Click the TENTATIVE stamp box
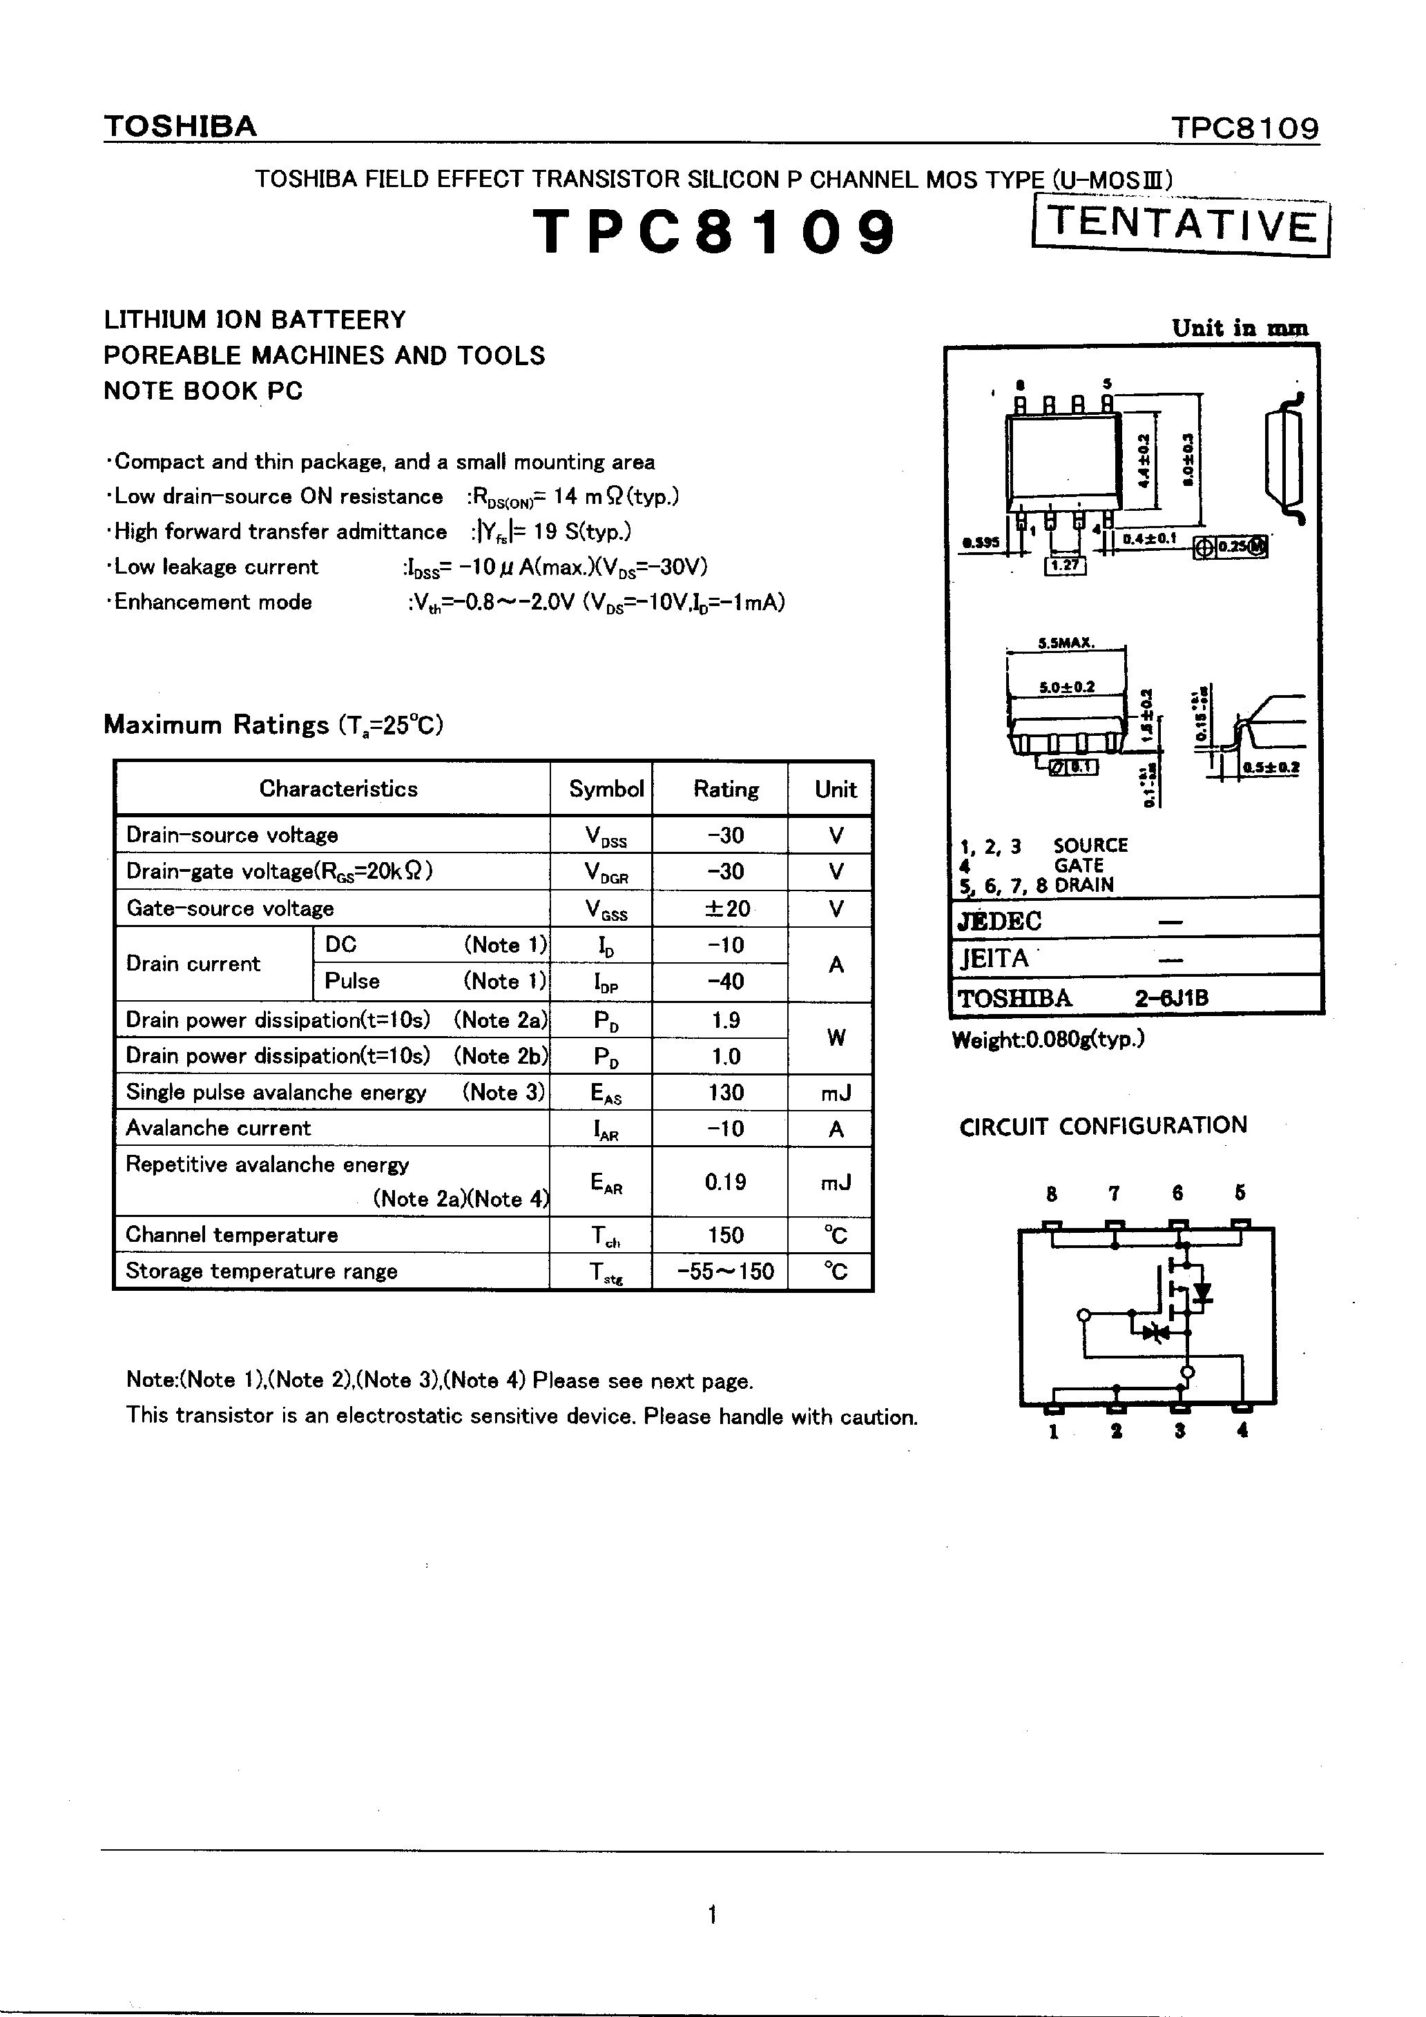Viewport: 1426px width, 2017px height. coord(1181,226)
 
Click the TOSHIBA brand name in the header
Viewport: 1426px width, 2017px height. coord(180,126)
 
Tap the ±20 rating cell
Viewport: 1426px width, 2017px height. coord(726,908)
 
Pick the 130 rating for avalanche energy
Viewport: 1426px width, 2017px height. coord(726,1092)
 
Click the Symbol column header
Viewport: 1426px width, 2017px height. coord(606,789)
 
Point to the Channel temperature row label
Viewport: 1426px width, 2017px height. coord(232,1234)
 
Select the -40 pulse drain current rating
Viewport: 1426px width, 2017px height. coord(726,982)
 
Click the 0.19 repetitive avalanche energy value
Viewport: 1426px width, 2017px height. coord(726,1182)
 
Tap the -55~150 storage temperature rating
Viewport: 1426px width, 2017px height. coord(726,1271)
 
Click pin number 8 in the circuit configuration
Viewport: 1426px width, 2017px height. coord(1052,1193)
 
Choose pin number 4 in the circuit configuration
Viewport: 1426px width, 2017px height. coord(1242,1430)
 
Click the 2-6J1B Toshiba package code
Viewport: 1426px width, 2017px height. coord(1171,998)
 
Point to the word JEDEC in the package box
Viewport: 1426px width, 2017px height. coord(1000,921)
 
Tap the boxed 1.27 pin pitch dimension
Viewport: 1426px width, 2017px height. coord(1065,566)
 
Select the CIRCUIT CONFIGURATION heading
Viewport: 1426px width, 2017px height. coord(1103,1125)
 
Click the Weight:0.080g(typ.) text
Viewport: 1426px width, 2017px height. coord(1048,1040)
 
